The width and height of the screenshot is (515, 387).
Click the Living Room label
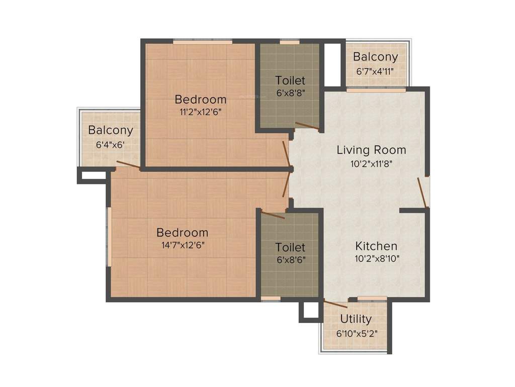[x=371, y=150]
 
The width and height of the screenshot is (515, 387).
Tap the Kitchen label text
[x=376, y=246]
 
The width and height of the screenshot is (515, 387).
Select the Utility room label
[x=356, y=319]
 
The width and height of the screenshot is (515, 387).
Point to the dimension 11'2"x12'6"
[x=200, y=112]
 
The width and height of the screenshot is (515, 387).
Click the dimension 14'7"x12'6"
[x=182, y=245]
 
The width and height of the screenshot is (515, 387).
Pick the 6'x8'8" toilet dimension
[x=290, y=92]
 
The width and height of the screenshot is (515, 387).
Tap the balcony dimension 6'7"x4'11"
[x=375, y=71]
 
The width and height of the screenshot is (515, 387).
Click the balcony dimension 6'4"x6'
[x=110, y=144]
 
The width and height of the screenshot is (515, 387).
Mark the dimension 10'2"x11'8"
[x=371, y=163]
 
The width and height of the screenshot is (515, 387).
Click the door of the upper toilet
[x=307, y=126]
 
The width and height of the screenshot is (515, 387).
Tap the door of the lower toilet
[x=273, y=215]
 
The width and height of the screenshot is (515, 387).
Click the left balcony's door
[x=128, y=164]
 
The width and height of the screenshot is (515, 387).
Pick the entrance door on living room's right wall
[x=422, y=193]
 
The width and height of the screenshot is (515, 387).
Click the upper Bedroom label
[x=200, y=98]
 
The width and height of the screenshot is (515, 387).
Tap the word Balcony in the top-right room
[x=375, y=57]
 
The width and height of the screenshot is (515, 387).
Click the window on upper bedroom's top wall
[x=202, y=41]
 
